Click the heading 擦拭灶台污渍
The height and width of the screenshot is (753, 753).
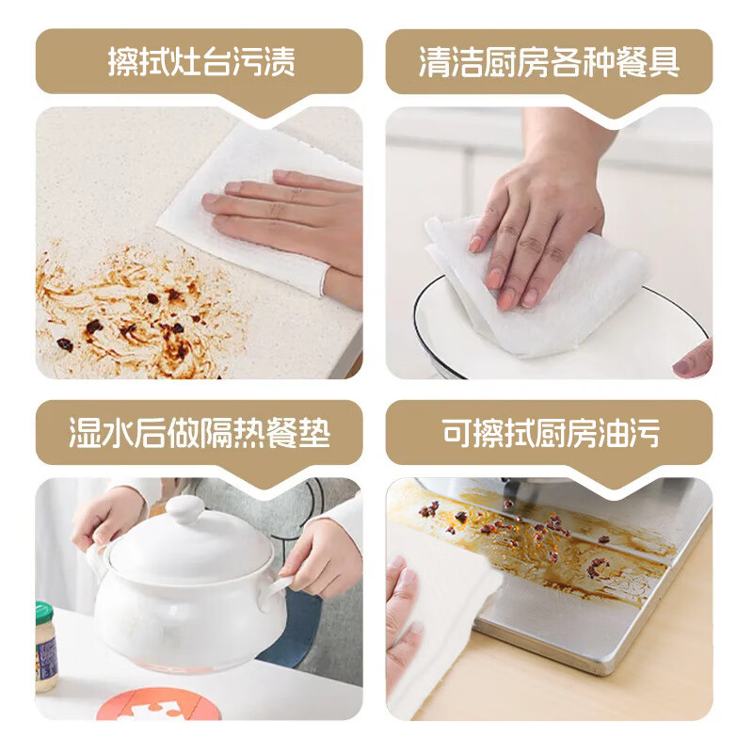point(200,63)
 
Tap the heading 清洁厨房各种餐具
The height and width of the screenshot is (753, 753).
point(549,63)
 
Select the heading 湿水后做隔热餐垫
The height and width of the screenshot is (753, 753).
point(200,434)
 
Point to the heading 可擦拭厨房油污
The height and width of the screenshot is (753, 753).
point(549,434)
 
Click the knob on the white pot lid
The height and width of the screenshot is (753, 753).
point(184,511)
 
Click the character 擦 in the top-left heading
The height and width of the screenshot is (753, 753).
point(123,63)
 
